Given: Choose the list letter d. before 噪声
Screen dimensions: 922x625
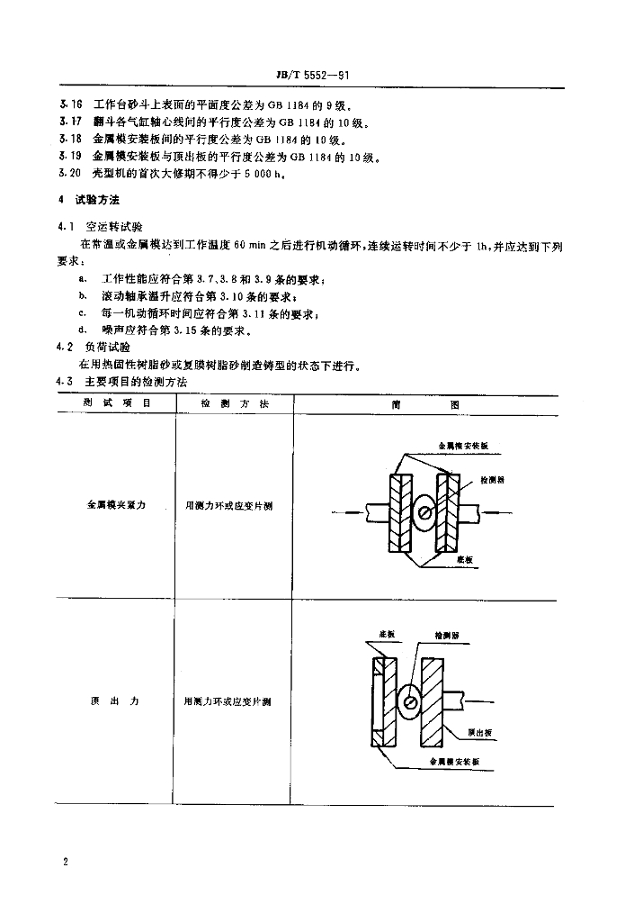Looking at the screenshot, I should click(83, 330).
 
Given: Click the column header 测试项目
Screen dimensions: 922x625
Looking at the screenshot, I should click(116, 405).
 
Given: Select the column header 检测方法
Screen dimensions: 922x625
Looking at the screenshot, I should click(234, 405).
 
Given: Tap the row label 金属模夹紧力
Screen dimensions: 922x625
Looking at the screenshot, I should click(116, 506).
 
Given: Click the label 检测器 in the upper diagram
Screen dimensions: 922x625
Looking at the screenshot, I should click(492, 480).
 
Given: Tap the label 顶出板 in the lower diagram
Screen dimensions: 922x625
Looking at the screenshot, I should click(479, 732).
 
